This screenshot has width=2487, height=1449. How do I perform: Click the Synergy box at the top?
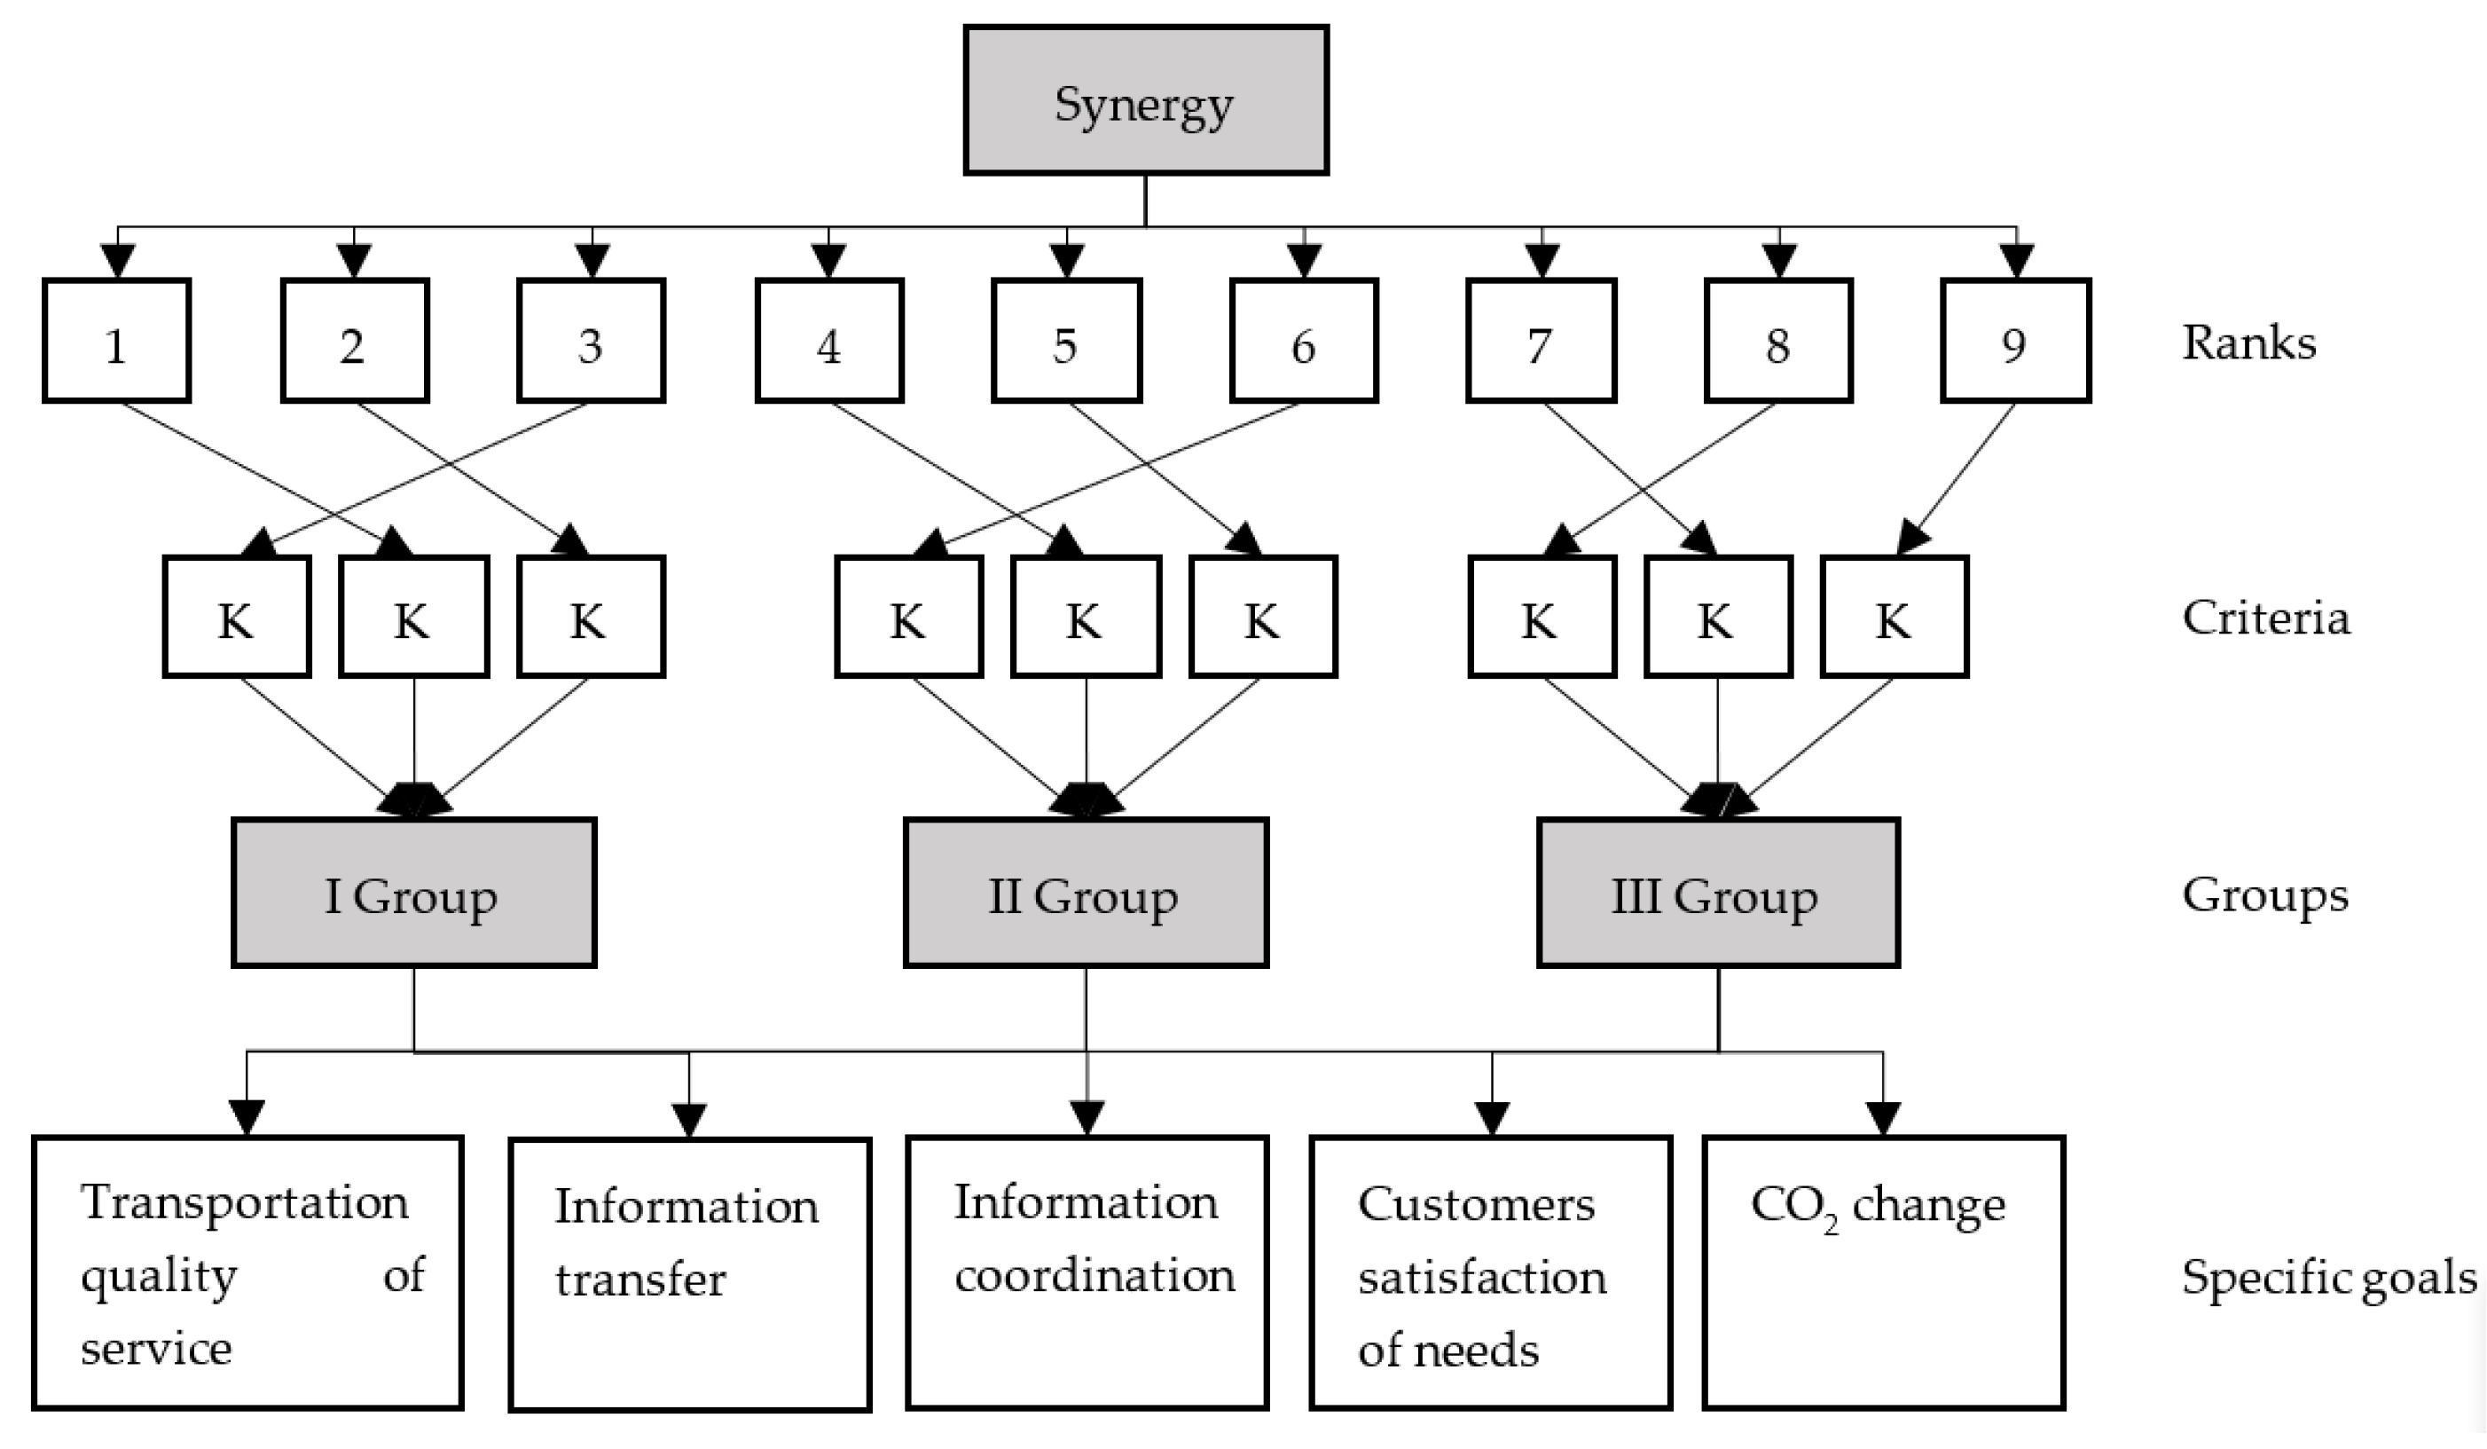click(x=1145, y=100)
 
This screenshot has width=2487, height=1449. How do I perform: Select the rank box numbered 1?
click(x=116, y=342)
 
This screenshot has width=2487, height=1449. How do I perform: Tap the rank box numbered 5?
click(x=1066, y=342)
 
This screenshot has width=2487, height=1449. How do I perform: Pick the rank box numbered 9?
click(x=2015, y=342)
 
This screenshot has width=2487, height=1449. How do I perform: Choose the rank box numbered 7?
click(x=1541, y=342)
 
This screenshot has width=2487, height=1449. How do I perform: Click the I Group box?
click(x=413, y=894)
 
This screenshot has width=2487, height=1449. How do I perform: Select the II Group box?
click(x=1086, y=894)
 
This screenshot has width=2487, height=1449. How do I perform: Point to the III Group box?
click(x=1717, y=894)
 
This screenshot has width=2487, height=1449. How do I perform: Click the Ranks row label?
click(x=2248, y=343)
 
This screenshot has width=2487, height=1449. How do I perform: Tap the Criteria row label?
click(x=2265, y=618)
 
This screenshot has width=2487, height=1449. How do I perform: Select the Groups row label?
click(x=2264, y=896)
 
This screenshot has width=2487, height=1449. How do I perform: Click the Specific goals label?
click(x=2327, y=1277)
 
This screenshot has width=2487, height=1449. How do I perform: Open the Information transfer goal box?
click(x=689, y=1274)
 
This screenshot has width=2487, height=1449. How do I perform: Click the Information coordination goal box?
click(x=1086, y=1272)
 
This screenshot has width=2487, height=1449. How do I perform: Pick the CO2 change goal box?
click(x=1883, y=1272)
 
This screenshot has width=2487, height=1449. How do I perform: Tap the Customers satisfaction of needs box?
click(x=1490, y=1272)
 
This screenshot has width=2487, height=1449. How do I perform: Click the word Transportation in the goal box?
click(x=244, y=1202)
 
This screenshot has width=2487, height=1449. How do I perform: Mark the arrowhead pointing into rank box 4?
click(x=828, y=262)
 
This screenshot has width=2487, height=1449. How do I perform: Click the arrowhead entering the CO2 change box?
click(x=1883, y=1118)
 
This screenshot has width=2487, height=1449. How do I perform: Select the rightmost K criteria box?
click(x=1894, y=618)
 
